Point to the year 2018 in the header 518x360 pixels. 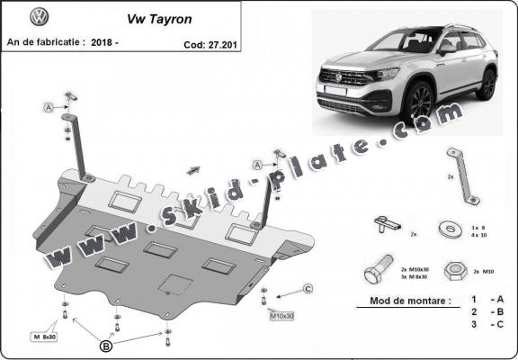[x=108, y=41]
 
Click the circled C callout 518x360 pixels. [x=307, y=288]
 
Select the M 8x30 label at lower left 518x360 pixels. [x=44, y=336]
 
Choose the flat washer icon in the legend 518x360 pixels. [x=447, y=227]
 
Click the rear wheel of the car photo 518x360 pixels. [x=487, y=84]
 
